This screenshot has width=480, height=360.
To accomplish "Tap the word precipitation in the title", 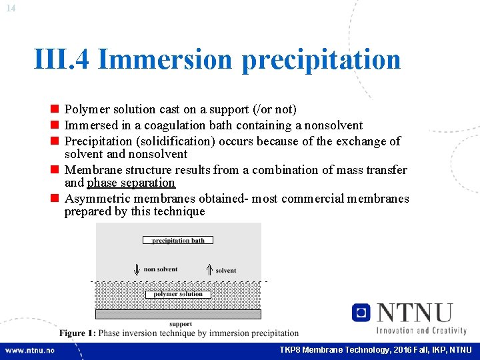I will coord(321,60).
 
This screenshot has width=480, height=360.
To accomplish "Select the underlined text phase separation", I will coord(131,183).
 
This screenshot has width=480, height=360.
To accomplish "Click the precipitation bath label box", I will coord(178,240).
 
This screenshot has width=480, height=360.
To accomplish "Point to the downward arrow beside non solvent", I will coord(137,269).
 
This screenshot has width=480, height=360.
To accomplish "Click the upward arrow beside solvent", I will coord(209,269).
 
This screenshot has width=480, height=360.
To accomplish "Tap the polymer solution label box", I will coord(178,294).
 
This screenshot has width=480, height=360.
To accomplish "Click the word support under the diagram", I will coord(181,324).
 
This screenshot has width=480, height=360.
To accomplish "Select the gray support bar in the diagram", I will coord(178,314).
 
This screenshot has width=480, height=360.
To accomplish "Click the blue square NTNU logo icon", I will coord(361,312).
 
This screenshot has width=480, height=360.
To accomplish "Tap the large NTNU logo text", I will coord(415,313).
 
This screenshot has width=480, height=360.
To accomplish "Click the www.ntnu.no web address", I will coord(30,350).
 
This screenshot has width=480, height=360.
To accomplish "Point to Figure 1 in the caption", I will coord(77,333).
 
